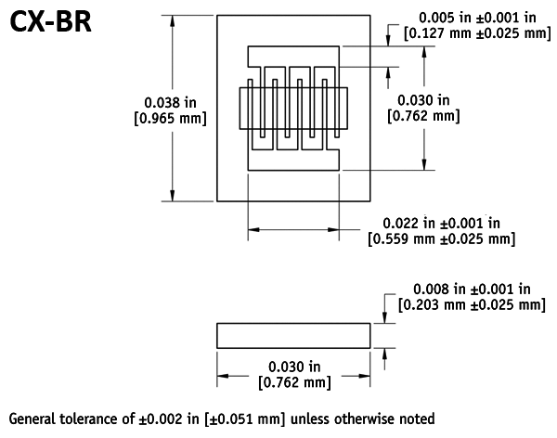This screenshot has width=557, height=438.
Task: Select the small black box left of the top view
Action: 170,110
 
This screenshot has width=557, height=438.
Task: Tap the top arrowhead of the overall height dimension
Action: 174,20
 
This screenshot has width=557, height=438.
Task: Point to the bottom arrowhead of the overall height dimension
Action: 174,195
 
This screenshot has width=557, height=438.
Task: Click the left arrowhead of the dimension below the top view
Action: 253,229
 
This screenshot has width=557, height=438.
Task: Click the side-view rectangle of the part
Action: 293,335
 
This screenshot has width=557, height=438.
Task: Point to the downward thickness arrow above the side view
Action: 384,316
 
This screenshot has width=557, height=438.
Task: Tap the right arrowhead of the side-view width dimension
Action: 365,376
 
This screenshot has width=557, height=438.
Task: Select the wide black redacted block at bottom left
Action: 175,392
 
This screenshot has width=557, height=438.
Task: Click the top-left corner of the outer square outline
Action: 217,16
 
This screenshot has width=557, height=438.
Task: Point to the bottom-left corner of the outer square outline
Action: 217,200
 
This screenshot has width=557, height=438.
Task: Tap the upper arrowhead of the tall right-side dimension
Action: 424,52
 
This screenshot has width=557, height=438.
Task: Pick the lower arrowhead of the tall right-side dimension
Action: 424,165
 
